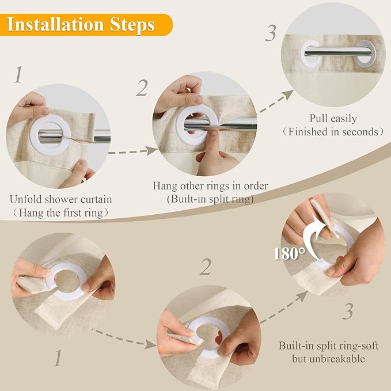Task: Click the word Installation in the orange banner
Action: pos(55,24)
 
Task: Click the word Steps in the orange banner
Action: pos(132,25)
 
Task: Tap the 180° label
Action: pos(289,253)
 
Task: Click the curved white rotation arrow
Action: pos(312,240)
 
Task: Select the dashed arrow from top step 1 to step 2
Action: pos(133,151)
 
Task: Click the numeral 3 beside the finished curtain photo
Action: pos(271,33)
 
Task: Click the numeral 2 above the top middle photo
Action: pos(142,88)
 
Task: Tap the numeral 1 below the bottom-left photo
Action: pos(58,358)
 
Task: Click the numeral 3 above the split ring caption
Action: pos(348,311)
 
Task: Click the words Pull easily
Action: pos(333,119)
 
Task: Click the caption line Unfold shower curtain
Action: pos(61,199)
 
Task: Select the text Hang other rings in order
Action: pos(210,186)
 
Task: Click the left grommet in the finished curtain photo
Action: pos(310,54)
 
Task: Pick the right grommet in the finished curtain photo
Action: pos(366,54)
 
